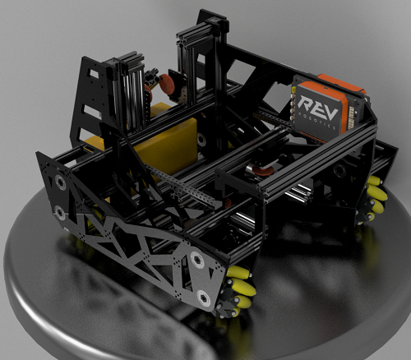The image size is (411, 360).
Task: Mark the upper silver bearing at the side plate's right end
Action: [198, 261]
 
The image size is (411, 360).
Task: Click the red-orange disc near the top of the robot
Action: [166, 83]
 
